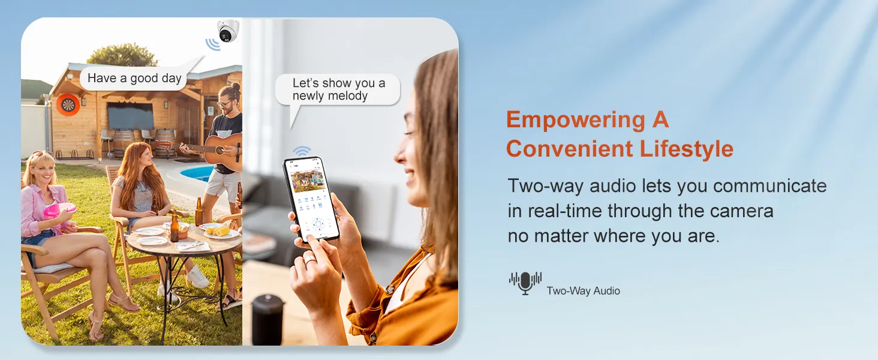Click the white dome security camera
pyautogui.click(x=228, y=31)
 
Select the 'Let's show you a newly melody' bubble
pyautogui.click(x=338, y=90)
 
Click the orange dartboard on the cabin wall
pyautogui.click(x=68, y=105)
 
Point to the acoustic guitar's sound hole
pyautogui.click(x=220, y=150)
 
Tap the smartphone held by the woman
pyautogui.click(x=311, y=199)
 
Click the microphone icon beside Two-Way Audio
pyautogui.click(x=525, y=283)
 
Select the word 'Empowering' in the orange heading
pyautogui.click(x=575, y=120)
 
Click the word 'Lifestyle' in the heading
pyautogui.click(x=686, y=149)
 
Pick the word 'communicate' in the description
pyautogui.click(x=770, y=186)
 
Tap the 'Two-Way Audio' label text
pyautogui.click(x=584, y=291)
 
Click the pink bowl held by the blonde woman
pyautogui.click(x=59, y=211)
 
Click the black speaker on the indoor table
pyautogui.click(x=267, y=319)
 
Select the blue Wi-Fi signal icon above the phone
pyautogui.click(x=302, y=151)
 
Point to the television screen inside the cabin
pyautogui.click(x=131, y=116)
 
